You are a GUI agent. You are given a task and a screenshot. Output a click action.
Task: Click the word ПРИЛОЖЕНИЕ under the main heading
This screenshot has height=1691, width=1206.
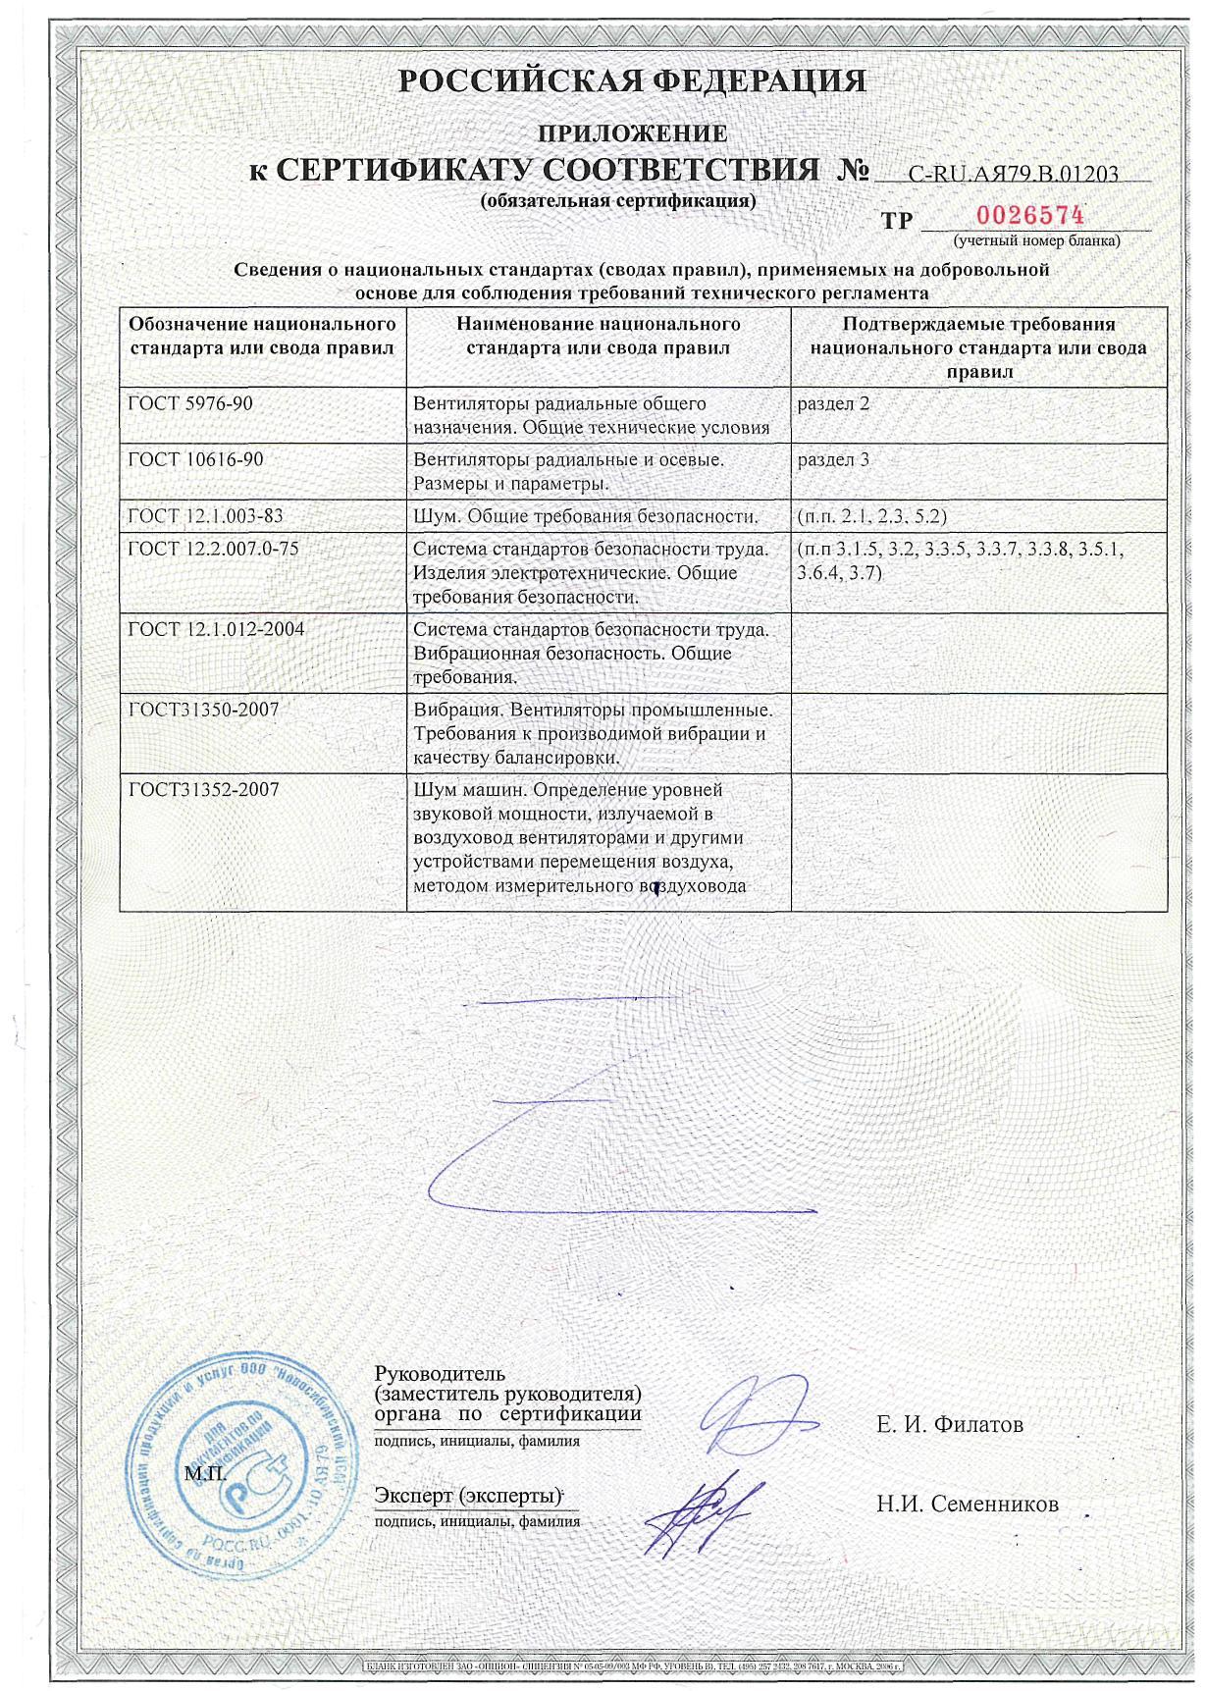point(633,132)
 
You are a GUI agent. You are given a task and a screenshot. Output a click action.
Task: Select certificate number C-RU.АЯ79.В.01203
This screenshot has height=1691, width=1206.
point(1013,174)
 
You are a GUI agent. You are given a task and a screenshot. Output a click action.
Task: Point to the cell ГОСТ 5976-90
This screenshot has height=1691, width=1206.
point(190,403)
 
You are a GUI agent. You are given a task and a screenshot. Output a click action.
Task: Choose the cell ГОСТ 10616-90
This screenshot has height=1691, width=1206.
point(196,459)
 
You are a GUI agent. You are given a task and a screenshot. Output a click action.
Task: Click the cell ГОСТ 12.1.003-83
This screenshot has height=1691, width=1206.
point(206,516)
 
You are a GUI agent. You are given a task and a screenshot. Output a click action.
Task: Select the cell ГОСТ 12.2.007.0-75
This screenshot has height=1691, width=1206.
point(213,549)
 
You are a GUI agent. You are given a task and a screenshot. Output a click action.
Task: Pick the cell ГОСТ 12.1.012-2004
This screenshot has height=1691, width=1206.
point(216,629)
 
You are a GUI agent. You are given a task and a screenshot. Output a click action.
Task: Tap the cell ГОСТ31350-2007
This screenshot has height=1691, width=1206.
point(203,709)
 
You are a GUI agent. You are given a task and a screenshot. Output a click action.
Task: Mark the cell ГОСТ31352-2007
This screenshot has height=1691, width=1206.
point(203,789)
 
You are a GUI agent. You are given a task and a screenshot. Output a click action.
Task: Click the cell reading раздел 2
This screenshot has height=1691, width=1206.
point(834,403)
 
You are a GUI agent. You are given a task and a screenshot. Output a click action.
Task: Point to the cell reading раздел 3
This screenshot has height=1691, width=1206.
point(834,459)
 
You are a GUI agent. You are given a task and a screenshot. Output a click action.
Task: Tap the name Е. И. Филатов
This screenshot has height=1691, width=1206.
point(949,1424)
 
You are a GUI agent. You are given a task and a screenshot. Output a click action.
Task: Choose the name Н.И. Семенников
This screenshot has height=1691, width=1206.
point(967,1504)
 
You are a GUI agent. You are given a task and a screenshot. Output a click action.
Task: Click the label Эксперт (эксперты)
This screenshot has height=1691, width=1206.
point(467,1496)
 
